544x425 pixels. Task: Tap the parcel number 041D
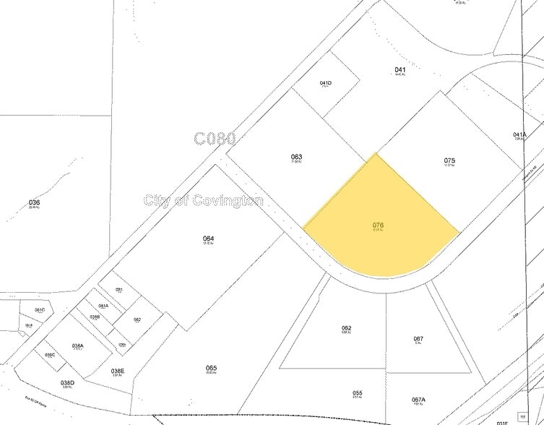click(x=326, y=83)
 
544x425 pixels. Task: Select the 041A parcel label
click(x=519, y=134)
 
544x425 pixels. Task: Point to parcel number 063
click(x=296, y=157)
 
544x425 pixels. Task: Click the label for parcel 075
click(x=449, y=160)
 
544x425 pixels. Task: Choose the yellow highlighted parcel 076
click(x=378, y=226)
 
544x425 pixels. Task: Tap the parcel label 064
click(x=208, y=239)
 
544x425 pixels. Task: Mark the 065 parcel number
click(x=211, y=368)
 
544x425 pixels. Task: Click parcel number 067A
click(x=418, y=400)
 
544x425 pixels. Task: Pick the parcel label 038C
click(x=50, y=355)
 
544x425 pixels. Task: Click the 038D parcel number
click(x=67, y=382)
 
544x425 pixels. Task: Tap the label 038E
click(x=118, y=371)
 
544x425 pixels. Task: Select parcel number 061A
click(x=103, y=306)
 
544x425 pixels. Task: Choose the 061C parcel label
click(x=40, y=310)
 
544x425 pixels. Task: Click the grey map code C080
click(x=215, y=139)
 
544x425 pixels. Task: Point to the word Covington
click(x=225, y=200)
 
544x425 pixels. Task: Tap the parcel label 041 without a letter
click(x=400, y=70)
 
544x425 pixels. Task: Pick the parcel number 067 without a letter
click(x=418, y=339)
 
